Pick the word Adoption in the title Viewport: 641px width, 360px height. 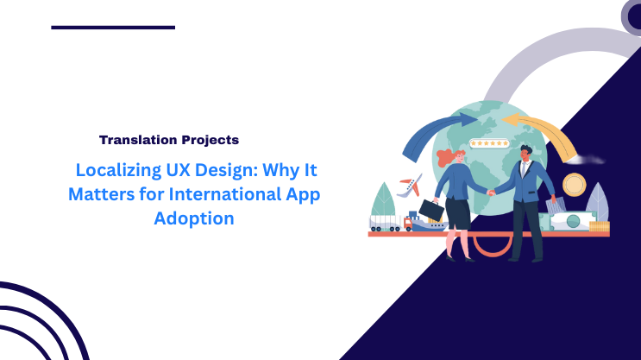point(193,218)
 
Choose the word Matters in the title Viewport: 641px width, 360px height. point(99,194)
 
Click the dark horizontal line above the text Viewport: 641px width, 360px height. point(113,28)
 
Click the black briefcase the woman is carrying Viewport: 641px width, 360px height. point(431,210)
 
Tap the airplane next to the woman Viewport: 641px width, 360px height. point(411,185)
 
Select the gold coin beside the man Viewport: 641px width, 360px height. point(574,184)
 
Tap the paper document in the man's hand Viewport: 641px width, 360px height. point(551,205)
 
